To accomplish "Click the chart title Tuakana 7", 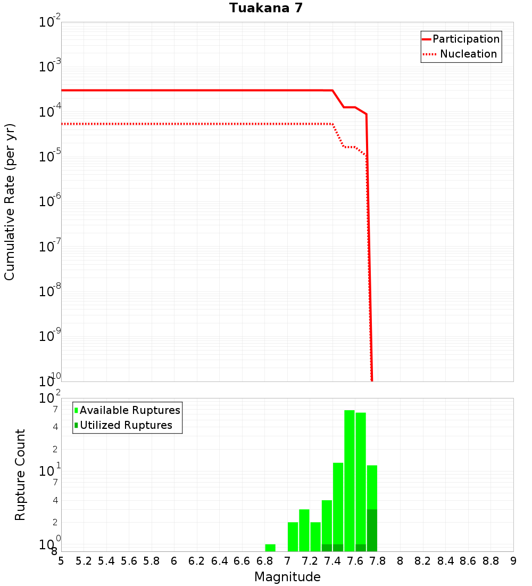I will coord(266,9).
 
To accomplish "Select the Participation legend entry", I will coord(465,39).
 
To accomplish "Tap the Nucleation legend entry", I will coord(468,54).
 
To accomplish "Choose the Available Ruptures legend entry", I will coord(129,410).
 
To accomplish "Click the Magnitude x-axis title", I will coord(287,577).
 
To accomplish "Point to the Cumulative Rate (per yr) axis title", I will coord(10,202).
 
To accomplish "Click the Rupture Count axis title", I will coord(20,475).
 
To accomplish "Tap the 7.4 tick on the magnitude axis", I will coord(332,561).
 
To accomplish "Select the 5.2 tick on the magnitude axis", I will coord(84,561).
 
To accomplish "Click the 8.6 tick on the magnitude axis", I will coord(468,561).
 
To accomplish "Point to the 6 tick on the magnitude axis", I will coord(174,561).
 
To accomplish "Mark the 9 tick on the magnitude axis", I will coord(513,561).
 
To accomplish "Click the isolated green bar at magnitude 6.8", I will coord(270,548).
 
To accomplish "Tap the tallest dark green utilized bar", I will coord(372,530).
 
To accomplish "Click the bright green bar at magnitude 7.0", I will coord(293,536).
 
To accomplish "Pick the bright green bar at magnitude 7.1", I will coord(304,530).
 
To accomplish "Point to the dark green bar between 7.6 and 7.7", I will coord(361,548).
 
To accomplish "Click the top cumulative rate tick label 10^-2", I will coord(50,22).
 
